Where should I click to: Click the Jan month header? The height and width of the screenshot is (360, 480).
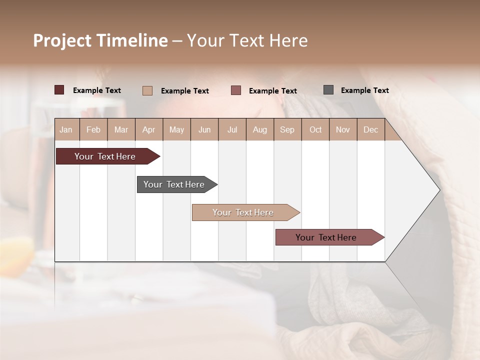66,129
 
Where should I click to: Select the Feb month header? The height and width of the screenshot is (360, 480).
93,129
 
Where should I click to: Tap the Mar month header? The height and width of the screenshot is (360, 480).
121,129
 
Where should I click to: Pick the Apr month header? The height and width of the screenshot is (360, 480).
149,129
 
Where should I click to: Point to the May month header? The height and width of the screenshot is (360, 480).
176,129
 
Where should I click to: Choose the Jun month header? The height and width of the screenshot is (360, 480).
204,129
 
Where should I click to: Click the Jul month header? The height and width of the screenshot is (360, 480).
232,129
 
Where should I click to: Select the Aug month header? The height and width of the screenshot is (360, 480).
260,129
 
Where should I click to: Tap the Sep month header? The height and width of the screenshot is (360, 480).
287,129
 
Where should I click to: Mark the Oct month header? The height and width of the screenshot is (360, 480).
315,129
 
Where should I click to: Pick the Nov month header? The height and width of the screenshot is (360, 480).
343,129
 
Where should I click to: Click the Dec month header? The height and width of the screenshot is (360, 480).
371,129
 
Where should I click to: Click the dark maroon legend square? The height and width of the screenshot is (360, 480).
59,90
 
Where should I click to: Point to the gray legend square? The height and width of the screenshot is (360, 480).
328,90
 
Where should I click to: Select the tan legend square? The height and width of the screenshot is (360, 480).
147,90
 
